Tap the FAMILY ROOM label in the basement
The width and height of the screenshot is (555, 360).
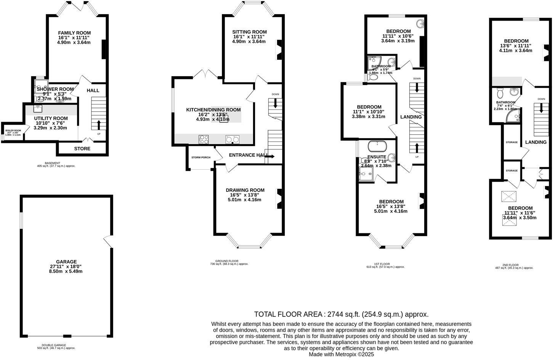[74, 33]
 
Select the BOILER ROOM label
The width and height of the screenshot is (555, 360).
[13, 130]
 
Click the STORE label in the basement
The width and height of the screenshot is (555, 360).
[82, 148]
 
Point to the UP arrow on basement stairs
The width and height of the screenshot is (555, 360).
[99, 124]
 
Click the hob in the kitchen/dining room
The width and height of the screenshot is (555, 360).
[204, 140]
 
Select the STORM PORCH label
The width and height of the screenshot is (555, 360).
[201, 157]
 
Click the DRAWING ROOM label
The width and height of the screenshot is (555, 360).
[245, 190]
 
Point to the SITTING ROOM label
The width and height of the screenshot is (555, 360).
[249, 32]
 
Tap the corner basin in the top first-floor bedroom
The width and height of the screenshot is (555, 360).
[420, 24]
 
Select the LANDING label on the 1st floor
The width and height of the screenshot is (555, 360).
[411, 117]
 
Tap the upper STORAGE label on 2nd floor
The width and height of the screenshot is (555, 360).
[512, 142]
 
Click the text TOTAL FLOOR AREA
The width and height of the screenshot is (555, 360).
[289, 314]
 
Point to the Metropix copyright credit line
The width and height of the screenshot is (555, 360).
[342, 354]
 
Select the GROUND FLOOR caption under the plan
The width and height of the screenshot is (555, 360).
[229, 261]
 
